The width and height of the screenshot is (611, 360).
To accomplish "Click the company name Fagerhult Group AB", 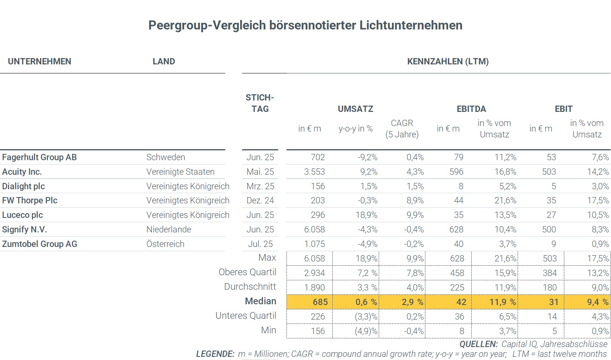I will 39,157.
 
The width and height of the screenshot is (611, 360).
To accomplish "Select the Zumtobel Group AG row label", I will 40,244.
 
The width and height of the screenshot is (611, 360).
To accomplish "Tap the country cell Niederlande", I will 169,230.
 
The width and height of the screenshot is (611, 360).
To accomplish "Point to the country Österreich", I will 165,244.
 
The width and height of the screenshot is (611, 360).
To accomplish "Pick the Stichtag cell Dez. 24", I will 260,201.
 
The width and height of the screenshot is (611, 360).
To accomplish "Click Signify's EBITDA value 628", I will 456,230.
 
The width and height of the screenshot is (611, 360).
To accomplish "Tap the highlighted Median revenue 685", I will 320,302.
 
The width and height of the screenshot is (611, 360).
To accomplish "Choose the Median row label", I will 261,301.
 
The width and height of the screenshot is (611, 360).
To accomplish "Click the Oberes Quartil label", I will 247,272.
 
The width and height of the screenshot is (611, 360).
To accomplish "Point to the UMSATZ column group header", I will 356,109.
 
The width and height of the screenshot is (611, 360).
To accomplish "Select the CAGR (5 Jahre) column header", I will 402,129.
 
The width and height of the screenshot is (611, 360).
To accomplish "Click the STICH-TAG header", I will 260,103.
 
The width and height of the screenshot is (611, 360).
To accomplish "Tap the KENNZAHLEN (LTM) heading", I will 448,62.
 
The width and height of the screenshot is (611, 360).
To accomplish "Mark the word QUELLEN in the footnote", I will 478,344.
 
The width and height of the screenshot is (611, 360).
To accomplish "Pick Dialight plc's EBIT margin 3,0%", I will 600,186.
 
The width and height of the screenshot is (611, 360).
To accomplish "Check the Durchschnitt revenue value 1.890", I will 314,287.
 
